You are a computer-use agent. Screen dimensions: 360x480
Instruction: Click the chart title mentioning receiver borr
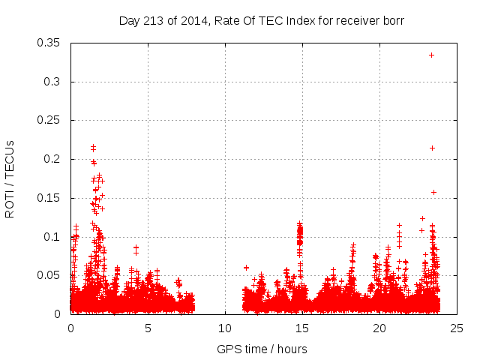point(262,20)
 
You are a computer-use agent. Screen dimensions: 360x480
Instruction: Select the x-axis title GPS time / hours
point(262,349)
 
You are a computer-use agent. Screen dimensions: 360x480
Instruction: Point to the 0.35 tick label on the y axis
point(52,43)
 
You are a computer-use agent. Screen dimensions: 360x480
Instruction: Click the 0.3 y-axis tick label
point(55,82)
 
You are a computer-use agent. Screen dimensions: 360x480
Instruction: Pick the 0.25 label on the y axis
point(52,120)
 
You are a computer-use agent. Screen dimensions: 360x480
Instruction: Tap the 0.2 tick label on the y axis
point(55,159)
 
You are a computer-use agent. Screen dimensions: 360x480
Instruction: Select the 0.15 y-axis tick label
point(52,198)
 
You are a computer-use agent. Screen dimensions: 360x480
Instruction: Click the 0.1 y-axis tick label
point(55,236)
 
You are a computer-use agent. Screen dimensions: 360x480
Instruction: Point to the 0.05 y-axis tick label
point(52,275)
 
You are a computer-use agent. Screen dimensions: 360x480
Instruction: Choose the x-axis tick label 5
point(148,328)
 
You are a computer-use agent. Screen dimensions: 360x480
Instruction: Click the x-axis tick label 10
point(225,328)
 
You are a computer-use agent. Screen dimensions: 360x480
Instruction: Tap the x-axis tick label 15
point(302,328)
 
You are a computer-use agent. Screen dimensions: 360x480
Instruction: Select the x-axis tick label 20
point(379,328)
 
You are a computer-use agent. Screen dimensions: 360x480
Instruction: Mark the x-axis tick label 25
point(457,328)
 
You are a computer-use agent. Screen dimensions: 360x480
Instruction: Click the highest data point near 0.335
point(431,55)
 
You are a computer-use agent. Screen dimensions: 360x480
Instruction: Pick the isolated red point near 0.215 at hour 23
point(432,148)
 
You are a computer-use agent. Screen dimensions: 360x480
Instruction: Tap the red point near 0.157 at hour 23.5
point(433,192)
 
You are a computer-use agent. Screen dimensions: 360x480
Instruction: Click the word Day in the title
point(130,20)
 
